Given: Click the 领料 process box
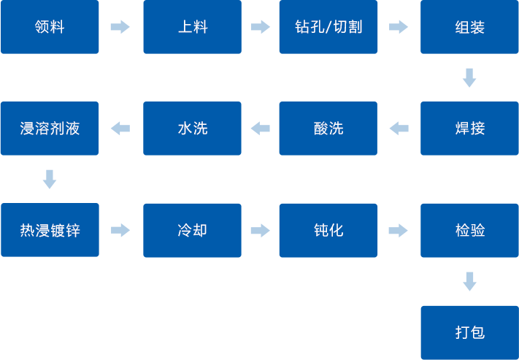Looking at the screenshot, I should click(x=50, y=27).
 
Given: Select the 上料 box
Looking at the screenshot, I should click(x=192, y=27).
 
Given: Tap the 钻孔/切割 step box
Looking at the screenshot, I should click(x=328, y=27).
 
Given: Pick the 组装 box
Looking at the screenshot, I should click(x=469, y=27).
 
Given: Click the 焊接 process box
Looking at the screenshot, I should click(x=469, y=129).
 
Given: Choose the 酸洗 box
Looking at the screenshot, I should click(x=328, y=129).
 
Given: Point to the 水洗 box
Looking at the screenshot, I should click(x=192, y=129).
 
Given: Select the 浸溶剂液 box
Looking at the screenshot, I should click(x=50, y=129).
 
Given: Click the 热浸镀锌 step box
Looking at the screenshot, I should click(x=50, y=231).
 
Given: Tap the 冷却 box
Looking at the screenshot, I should click(x=192, y=231).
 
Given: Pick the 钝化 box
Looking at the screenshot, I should click(x=328, y=231).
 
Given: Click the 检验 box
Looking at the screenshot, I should click(x=469, y=231).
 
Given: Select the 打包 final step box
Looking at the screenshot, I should click(x=469, y=332).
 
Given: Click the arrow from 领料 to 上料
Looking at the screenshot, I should click(x=120, y=27).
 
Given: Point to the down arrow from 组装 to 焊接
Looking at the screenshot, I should click(x=469, y=77).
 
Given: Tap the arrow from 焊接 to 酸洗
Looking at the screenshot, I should click(x=399, y=129).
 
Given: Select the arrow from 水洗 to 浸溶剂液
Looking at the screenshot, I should click(x=120, y=129).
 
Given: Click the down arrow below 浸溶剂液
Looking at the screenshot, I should click(x=50, y=179).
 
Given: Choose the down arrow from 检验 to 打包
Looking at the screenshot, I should click(x=469, y=281).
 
